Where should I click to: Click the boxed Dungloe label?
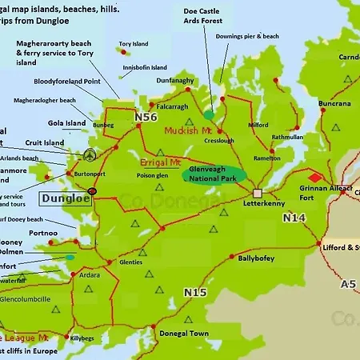click(x=65, y=198)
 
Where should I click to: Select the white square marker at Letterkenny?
click(x=258, y=193)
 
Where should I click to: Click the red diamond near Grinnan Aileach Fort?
click(x=316, y=177)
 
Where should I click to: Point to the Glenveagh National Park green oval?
click(x=214, y=174)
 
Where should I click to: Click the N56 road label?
click(x=146, y=118)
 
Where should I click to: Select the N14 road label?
click(x=294, y=218)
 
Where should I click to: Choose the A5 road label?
click(x=348, y=283)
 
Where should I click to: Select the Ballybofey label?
click(x=257, y=258)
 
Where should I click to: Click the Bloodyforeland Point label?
click(x=67, y=81)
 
